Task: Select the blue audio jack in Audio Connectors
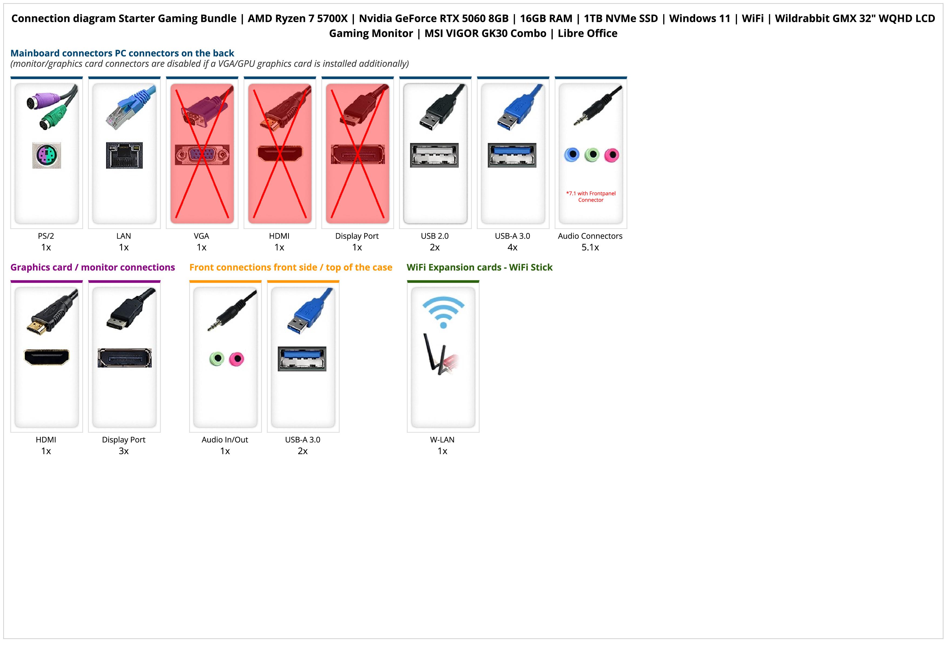click(572, 155)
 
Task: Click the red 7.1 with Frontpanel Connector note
click(591, 196)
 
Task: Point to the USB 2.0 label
click(435, 236)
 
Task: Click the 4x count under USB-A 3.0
click(512, 247)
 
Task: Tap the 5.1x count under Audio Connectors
click(590, 247)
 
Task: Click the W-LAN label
click(442, 440)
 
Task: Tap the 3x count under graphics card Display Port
click(124, 451)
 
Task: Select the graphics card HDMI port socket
click(47, 357)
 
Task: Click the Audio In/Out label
click(225, 440)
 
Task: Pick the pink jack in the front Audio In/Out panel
click(236, 359)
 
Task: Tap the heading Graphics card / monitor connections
click(93, 268)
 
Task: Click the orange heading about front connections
click(291, 268)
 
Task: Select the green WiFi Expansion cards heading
click(479, 268)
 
